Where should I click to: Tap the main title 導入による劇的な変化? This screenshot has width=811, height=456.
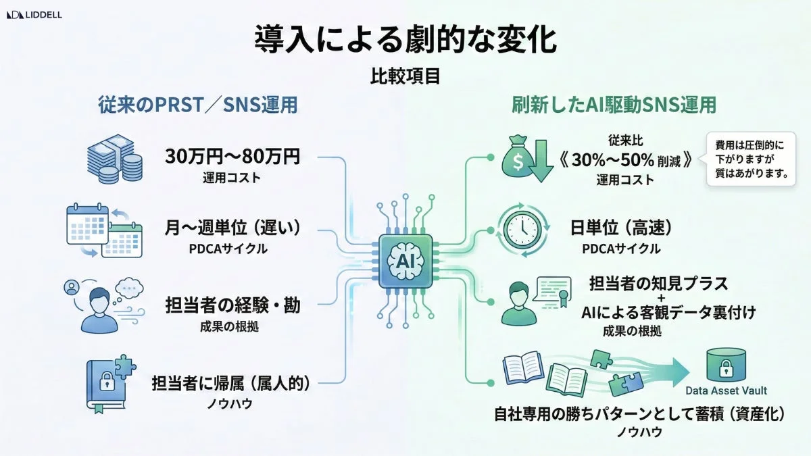click(x=405, y=40)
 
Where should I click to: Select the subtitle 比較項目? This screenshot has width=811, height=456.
click(x=405, y=76)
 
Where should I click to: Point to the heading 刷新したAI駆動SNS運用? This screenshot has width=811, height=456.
click(x=614, y=106)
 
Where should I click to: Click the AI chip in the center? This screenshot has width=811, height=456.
click(x=405, y=259)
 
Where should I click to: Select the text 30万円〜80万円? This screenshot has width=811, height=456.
click(x=232, y=157)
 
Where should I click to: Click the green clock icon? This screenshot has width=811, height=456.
click(x=522, y=230)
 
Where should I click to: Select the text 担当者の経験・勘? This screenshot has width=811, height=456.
click(x=233, y=305)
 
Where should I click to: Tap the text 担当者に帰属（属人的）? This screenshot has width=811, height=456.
click(x=233, y=383)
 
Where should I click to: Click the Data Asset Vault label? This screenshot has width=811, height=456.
click(x=727, y=390)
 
